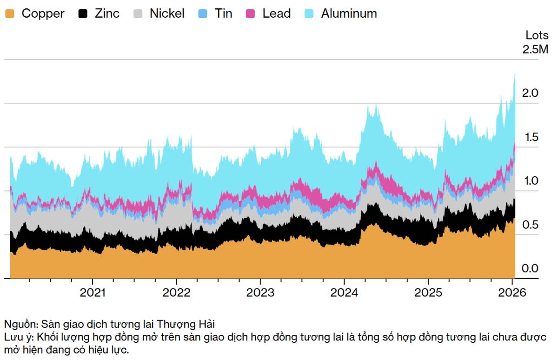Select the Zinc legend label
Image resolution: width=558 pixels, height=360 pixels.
(107, 13)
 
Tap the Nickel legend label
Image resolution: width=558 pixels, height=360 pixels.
(166, 13)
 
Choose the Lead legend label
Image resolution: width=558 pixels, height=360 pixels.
(276, 13)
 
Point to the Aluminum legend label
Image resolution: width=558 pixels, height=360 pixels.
(349, 13)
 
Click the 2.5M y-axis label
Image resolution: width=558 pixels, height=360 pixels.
(536, 49)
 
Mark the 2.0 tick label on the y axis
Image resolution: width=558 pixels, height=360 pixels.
(530, 93)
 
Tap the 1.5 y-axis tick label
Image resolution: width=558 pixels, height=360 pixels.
(530, 137)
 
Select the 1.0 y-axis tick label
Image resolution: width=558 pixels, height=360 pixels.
(530, 181)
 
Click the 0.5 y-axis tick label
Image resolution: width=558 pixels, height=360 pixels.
(530, 225)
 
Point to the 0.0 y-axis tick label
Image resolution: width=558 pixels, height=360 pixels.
(530, 268)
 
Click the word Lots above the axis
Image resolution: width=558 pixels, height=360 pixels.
(537, 35)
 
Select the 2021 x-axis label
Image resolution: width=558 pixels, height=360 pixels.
(93, 293)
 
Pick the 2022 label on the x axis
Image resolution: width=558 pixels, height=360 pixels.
(176, 293)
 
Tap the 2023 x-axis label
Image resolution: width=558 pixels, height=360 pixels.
(260, 293)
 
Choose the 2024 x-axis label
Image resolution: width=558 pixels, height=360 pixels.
(344, 293)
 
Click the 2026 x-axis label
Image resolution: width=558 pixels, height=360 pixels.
(512, 293)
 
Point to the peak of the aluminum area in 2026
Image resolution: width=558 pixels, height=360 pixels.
(515, 73)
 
